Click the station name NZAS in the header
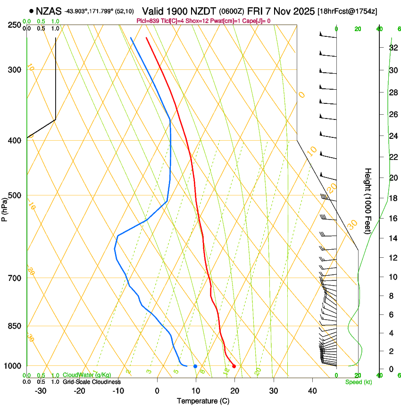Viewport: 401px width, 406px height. (x=49, y=11)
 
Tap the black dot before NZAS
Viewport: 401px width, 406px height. (x=31, y=11)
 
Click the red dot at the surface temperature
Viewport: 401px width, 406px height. (x=234, y=366)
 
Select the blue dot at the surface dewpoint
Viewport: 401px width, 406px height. (x=195, y=366)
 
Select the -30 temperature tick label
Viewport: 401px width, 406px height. (x=41, y=391)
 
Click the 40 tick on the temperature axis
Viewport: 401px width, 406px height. (x=312, y=391)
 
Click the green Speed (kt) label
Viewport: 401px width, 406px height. (x=359, y=382)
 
